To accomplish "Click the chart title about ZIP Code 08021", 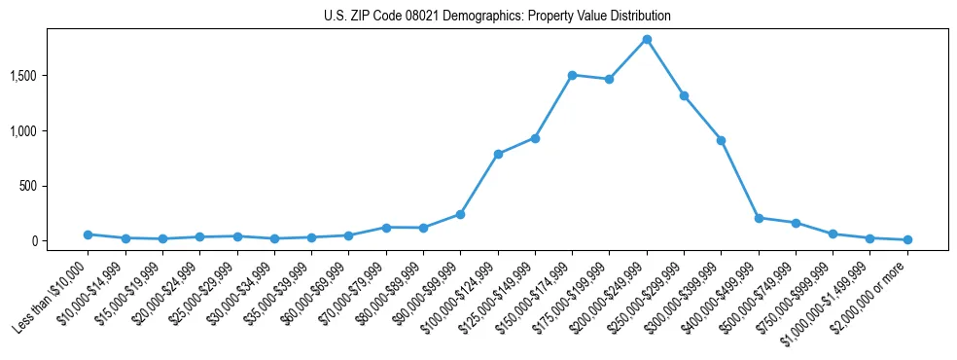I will coord(497,17).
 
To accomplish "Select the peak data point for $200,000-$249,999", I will coord(647,39).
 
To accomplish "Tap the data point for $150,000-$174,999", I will coord(572,75).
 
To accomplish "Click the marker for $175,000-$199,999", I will coord(609,79).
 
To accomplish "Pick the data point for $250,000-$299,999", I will coord(684,95).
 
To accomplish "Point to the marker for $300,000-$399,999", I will coord(721,140).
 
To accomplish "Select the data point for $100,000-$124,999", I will coord(498,154).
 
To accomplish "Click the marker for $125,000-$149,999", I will coord(535,138).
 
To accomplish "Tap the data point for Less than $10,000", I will coord(88,234).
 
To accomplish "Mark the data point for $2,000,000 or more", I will coord(907,239).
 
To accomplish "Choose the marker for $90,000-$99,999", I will coord(460,214).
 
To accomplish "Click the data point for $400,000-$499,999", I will coord(759,218).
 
